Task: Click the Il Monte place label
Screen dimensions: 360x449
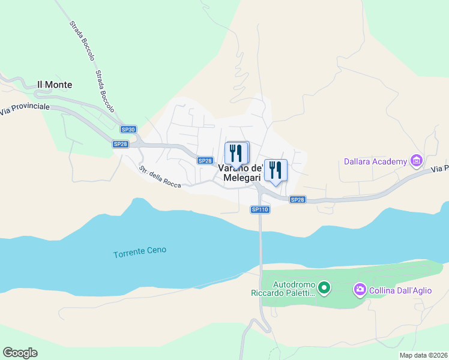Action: [55, 85]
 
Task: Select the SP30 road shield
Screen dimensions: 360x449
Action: [128, 130]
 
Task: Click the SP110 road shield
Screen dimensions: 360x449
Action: [260, 209]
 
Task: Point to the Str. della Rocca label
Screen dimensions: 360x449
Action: [160, 176]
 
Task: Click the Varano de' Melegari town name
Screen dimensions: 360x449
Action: [241, 173]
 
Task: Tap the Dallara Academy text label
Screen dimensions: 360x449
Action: [375, 161]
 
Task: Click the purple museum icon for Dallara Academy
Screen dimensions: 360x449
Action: [415, 160]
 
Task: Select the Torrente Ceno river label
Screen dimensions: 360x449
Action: [140, 253]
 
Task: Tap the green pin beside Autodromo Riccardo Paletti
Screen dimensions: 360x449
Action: [324, 289]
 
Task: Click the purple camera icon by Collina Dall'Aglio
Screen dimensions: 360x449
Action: [360, 290]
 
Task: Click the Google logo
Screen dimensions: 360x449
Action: [20, 353]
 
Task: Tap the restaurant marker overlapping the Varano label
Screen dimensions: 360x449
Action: [237, 154]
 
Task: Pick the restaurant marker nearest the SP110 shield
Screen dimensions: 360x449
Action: [276, 170]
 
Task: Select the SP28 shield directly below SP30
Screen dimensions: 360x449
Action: [121, 144]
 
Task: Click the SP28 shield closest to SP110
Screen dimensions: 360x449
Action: [298, 200]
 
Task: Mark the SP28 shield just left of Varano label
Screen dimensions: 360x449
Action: [205, 160]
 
